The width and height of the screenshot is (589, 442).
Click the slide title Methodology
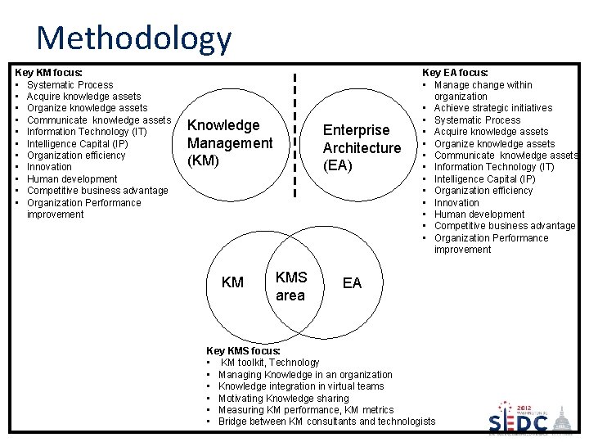134,38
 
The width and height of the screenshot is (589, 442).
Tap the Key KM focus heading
48,73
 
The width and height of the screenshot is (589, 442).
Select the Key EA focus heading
455,73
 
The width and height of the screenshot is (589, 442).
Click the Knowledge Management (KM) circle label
230,143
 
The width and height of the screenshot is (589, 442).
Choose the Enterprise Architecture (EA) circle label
362,148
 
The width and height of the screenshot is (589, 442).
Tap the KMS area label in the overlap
290,286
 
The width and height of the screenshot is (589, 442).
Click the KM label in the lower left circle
232,282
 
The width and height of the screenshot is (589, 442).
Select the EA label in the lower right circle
352,283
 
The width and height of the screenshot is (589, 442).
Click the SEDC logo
519,422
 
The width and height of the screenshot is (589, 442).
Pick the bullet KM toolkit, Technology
270,363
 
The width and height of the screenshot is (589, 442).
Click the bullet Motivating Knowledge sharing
283,398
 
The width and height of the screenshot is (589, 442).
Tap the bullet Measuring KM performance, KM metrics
305,409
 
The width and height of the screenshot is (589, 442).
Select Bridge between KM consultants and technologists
326,422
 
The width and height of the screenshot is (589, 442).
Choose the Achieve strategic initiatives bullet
492,108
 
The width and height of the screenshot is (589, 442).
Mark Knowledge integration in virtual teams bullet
300,386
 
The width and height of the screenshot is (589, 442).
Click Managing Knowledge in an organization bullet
305,374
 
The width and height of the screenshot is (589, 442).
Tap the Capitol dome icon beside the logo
564,419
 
